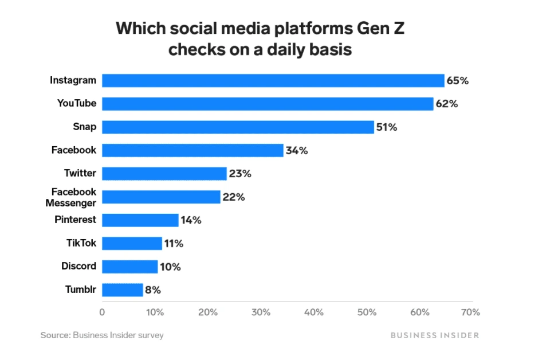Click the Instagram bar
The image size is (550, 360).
(273, 80)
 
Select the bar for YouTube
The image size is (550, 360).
(268, 104)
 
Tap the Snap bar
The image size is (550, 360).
(238, 127)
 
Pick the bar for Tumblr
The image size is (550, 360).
(123, 289)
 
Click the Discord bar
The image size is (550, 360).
(130, 267)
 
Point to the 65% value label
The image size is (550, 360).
(458, 81)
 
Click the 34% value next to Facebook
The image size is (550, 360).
(297, 151)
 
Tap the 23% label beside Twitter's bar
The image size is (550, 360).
(240, 174)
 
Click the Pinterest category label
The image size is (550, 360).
(75, 220)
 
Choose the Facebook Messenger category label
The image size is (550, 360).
(74, 197)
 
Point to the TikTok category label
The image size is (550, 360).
(81, 243)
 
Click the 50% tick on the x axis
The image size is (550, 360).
(367, 312)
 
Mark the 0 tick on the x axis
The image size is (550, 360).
(102, 312)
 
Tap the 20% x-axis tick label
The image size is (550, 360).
(208, 312)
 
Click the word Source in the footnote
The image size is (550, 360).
(55, 335)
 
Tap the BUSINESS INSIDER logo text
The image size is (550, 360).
(434, 335)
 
